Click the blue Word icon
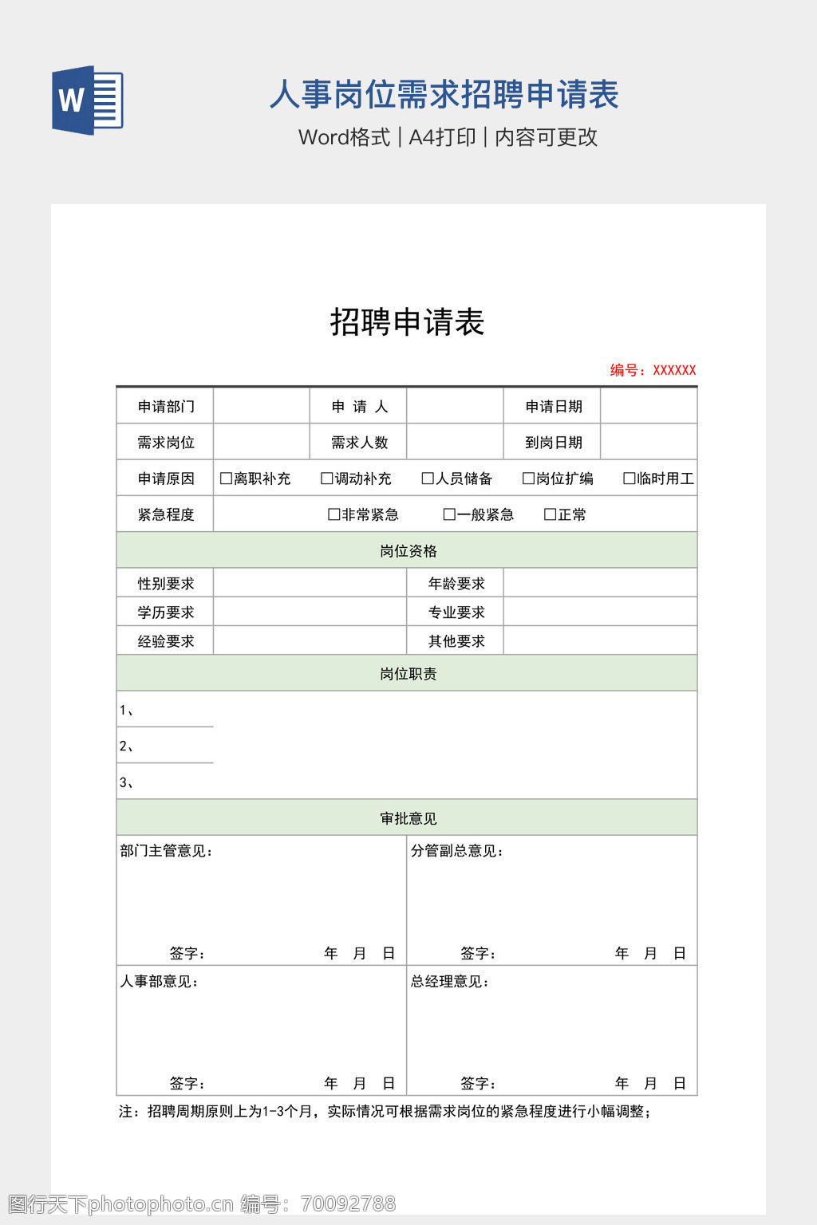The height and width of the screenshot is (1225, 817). point(87,100)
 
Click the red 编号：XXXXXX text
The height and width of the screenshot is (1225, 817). point(653,370)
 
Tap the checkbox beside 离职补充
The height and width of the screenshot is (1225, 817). point(226,479)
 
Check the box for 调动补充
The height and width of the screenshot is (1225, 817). point(326,479)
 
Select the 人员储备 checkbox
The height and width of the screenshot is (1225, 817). point(428,479)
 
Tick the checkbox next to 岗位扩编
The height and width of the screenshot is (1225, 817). point(528,479)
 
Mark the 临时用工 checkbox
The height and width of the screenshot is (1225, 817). point(629,479)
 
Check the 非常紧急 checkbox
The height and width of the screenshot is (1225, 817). point(334,514)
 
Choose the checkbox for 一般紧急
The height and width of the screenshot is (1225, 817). point(449,514)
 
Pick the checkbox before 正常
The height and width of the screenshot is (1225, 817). point(550,514)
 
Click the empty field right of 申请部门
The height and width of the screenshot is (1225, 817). point(261,406)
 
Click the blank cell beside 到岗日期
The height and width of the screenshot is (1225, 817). point(649,442)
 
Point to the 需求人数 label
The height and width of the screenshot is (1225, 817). point(359,442)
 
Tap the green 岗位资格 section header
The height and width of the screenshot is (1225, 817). point(408,551)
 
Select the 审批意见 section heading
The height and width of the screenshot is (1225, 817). point(408,818)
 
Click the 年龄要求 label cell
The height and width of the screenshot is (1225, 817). point(456,584)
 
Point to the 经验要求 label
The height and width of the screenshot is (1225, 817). point(166,641)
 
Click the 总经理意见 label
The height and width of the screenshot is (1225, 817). point(450,982)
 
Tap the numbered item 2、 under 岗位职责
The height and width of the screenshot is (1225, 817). point(127,746)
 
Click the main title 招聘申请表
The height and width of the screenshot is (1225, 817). point(407,322)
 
